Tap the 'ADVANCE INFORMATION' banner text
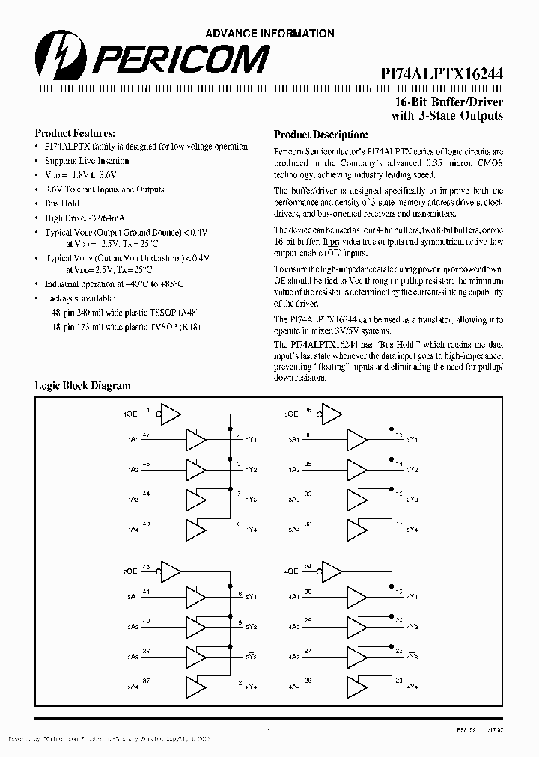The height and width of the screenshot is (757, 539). tap(269, 34)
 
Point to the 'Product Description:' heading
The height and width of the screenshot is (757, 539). tap(320, 135)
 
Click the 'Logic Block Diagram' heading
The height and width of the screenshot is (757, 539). tap(83, 386)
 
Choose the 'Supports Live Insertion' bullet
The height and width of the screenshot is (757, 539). tap(87, 161)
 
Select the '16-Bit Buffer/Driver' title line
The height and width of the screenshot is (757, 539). tap(449, 102)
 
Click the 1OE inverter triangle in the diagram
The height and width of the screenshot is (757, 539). tap(171, 412)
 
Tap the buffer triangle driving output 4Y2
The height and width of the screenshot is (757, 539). tap(357, 628)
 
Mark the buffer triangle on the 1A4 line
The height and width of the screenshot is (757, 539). tap(196, 528)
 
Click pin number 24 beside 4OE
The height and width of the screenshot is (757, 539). tap(308, 566)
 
